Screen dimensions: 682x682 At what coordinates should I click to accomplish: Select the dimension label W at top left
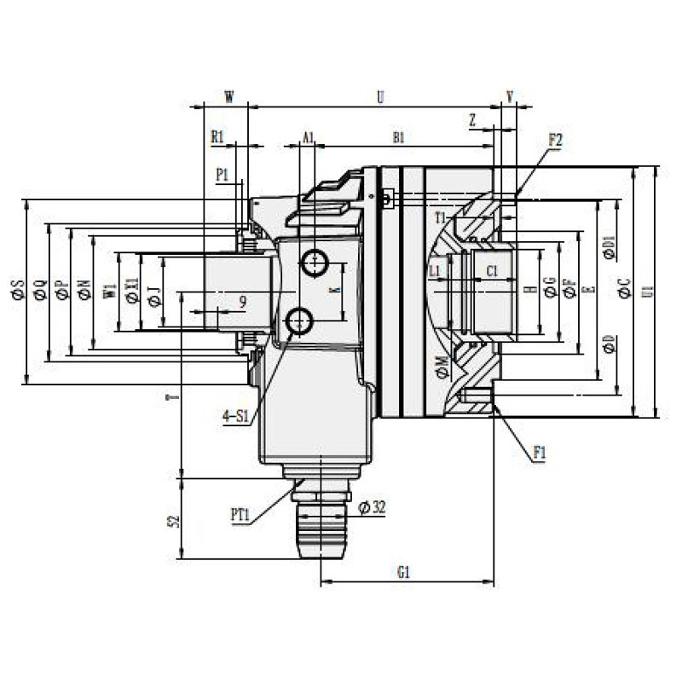228,97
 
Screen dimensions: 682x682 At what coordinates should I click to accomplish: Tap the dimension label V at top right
510,97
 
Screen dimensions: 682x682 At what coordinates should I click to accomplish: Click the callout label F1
539,453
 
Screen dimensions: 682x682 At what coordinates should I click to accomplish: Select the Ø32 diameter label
373,507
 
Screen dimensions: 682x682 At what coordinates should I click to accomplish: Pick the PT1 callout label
240,514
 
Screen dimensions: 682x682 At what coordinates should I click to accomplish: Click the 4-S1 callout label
235,416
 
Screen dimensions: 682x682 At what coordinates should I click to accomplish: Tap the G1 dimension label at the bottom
404,573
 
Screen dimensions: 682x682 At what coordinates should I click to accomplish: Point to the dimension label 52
172,520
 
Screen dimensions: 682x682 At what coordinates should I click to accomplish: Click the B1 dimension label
398,136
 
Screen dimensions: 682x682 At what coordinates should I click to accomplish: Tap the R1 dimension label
217,136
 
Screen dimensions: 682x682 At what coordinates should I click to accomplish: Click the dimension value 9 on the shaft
243,302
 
